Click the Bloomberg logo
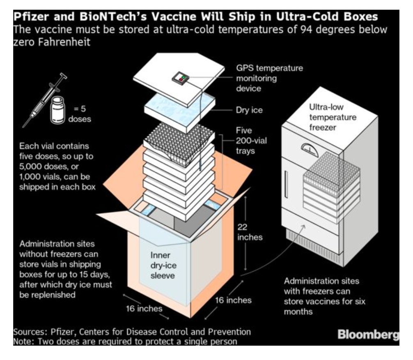pyautogui.click(x=368, y=335)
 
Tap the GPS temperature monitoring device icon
pyautogui.click(x=181, y=78)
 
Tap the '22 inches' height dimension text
pyautogui.click(x=250, y=232)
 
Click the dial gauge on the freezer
pyautogui.click(x=309, y=149)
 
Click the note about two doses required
pyautogui.click(x=125, y=341)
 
